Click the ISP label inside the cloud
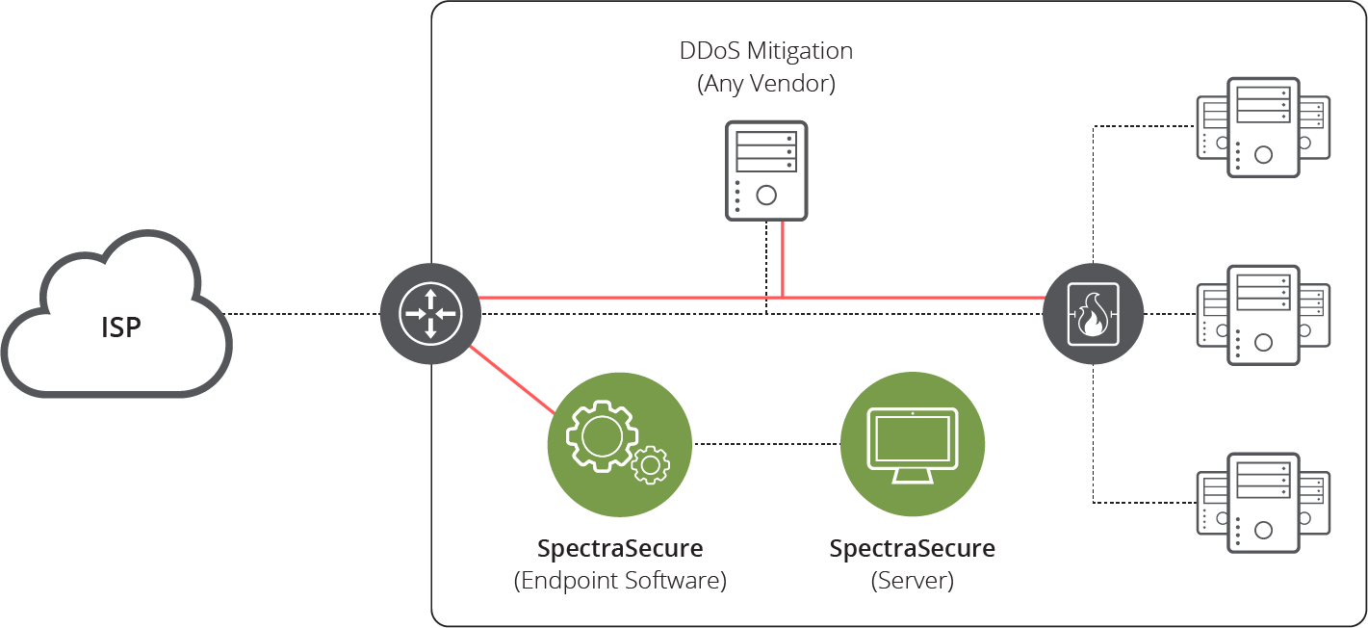[121, 327]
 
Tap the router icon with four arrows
[430, 314]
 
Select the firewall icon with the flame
[1093, 314]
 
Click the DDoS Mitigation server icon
[765, 170]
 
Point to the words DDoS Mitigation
[765, 50]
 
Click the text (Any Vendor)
[765, 84]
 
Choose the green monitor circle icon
[913, 443]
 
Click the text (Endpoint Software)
[620, 581]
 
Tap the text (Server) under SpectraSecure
[912, 581]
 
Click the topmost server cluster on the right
[1263, 127]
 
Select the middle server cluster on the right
[1263, 314]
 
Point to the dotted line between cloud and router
[304, 314]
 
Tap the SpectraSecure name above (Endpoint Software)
[620, 549]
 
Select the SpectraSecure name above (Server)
[912, 549]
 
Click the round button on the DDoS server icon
[766, 196]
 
